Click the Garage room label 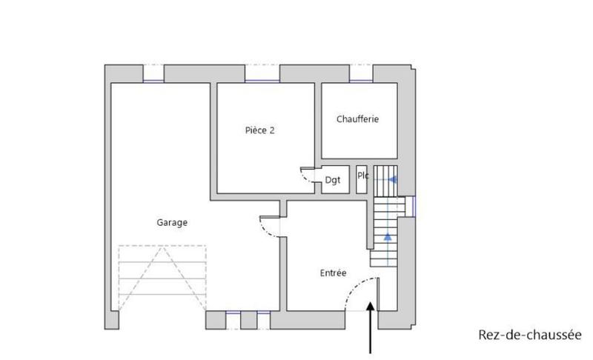click(x=171, y=221)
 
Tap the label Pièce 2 click(x=260, y=130)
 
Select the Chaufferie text click(x=357, y=119)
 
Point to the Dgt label click(x=332, y=180)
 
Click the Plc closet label click(x=362, y=176)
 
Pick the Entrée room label click(x=333, y=273)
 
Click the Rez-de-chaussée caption click(x=529, y=334)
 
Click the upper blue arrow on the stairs click(x=393, y=179)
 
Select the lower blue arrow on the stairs click(x=387, y=237)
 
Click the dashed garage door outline click(x=161, y=278)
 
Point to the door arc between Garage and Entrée click(x=270, y=225)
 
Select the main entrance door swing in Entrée click(x=362, y=293)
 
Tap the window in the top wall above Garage click(x=153, y=75)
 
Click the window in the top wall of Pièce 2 click(x=262, y=75)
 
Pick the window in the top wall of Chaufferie click(x=360, y=75)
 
